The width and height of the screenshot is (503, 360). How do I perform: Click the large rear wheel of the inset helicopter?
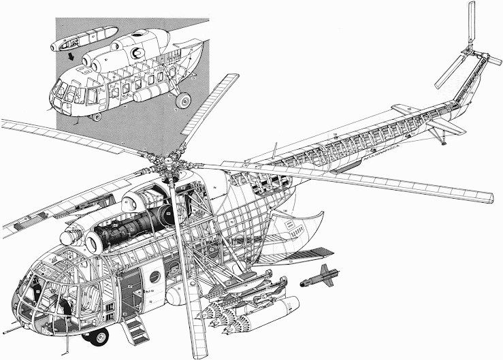(182, 101)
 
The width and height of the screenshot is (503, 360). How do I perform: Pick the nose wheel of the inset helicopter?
(97, 116)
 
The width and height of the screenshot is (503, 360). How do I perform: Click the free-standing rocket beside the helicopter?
(319, 278)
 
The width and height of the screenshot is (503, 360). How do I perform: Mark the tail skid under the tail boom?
(443, 139)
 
